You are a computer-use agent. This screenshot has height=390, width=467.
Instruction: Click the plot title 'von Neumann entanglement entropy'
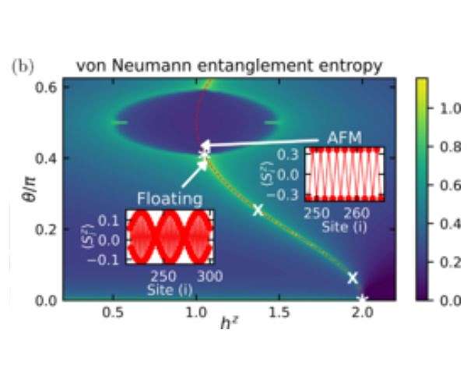229,66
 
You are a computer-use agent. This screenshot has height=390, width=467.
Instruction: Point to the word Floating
170,199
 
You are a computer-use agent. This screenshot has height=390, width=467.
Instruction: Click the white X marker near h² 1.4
258,209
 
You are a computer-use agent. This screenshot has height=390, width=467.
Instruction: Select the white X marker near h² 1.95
353,278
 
